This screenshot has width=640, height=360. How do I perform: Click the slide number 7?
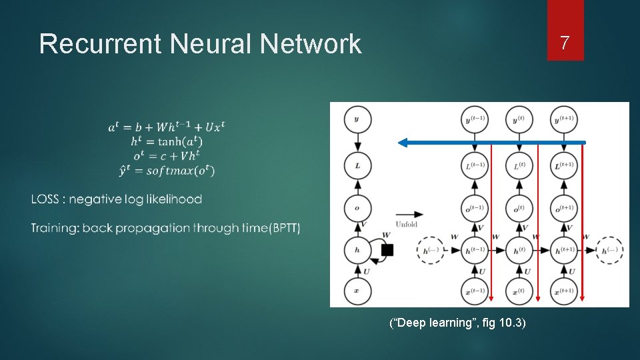coord(565,44)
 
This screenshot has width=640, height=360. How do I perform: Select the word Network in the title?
coord(311,45)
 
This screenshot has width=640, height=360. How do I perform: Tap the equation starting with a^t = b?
coord(167,127)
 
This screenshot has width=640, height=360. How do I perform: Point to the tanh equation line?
coord(167,141)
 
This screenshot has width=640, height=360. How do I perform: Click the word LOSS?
coord(47,199)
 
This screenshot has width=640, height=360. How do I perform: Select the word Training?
coord(53,228)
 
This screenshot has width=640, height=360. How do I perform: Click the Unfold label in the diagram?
coord(406,224)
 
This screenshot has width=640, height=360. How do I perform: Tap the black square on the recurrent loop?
coord(387,250)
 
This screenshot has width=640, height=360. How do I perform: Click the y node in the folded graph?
coord(357,120)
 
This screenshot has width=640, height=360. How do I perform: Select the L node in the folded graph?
coord(357,165)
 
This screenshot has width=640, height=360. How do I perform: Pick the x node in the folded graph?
coord(357,291)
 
